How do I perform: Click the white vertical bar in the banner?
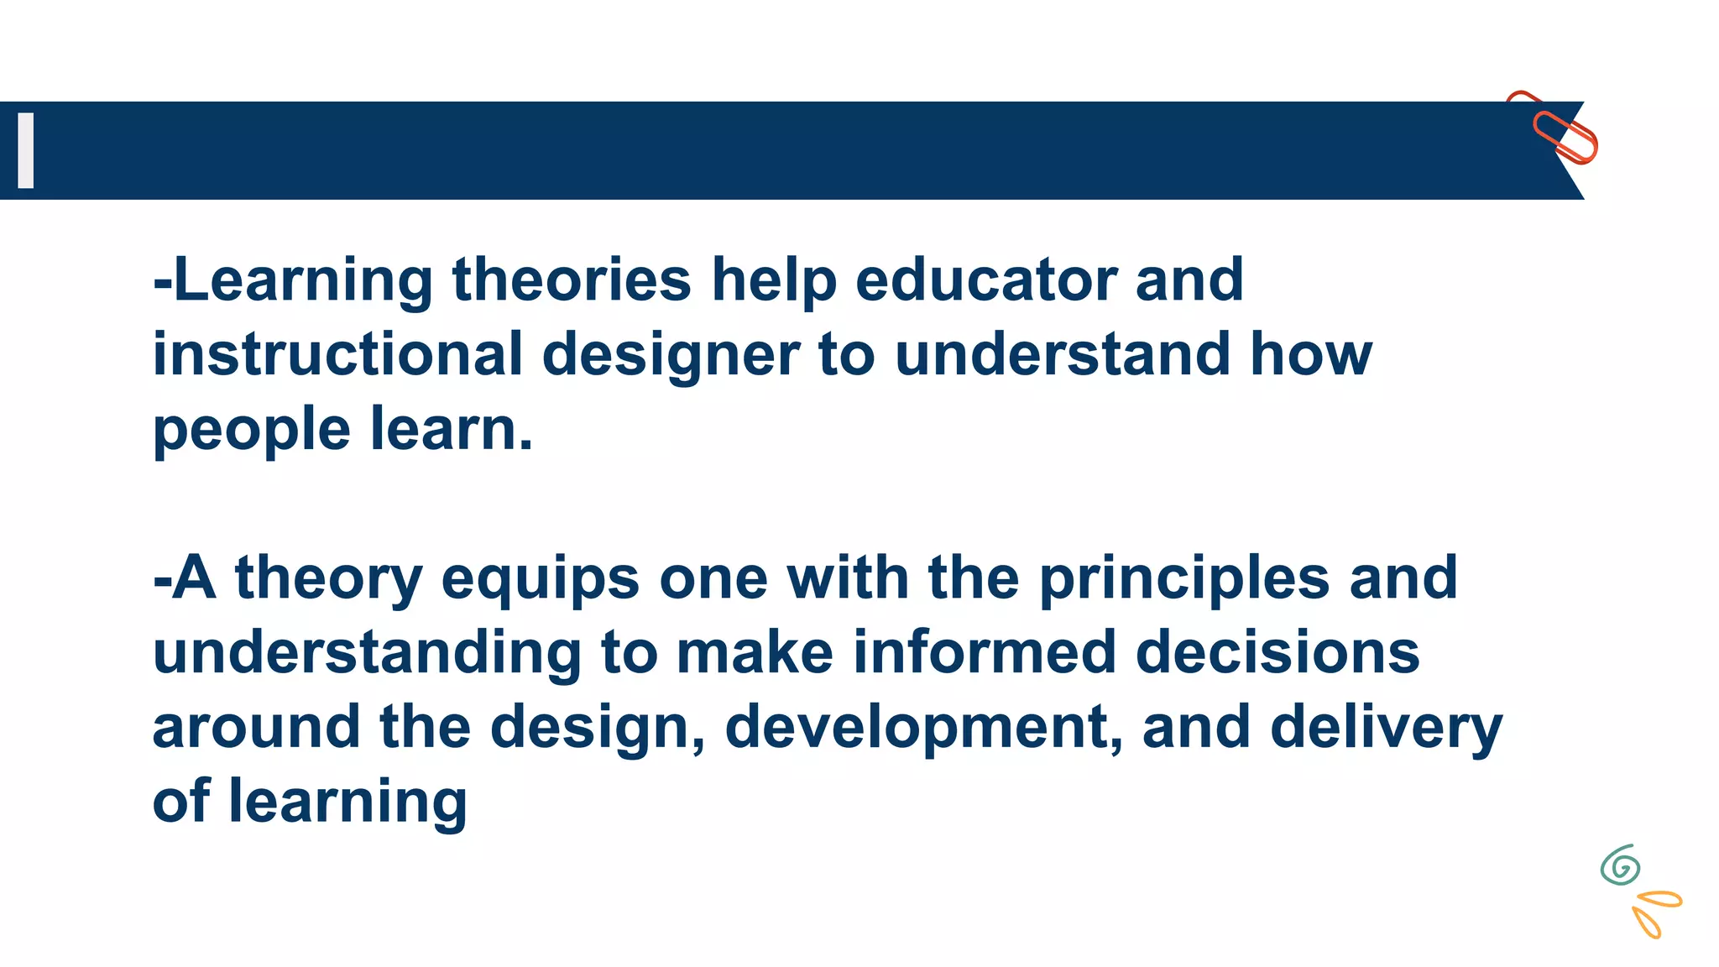tap(26, 150)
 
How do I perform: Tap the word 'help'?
tap(774, 281)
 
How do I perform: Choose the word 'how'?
tap(1311, 353)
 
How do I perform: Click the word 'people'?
tap(251, 430)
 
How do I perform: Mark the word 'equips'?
tap(540, 579)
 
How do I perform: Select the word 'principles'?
tap(1184, 579)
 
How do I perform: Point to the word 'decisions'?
tap(1277, 652)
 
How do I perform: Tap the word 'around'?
tap(256, 727)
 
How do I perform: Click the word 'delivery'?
tap(1386, 727)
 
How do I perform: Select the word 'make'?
tap(755, 652)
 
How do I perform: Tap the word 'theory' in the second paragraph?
tap(328, 579)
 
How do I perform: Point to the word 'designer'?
tap(671, 355)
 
